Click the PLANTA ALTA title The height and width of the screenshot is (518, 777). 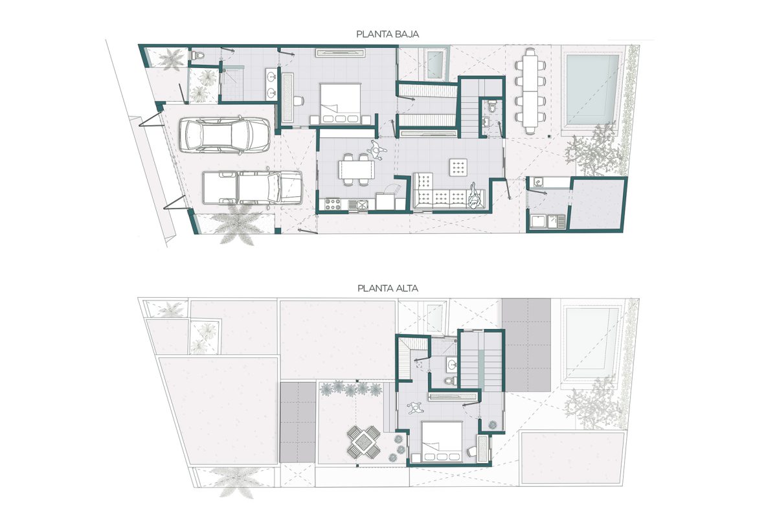[x=388, y=288]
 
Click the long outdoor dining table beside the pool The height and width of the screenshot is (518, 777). [x=531, y=90]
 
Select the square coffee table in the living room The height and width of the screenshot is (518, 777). [x=459, y=167]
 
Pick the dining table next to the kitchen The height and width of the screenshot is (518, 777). [x=357, y=170]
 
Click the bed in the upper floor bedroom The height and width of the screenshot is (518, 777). [x=442, y=440]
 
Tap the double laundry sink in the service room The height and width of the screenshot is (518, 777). [x=546, y=222]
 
